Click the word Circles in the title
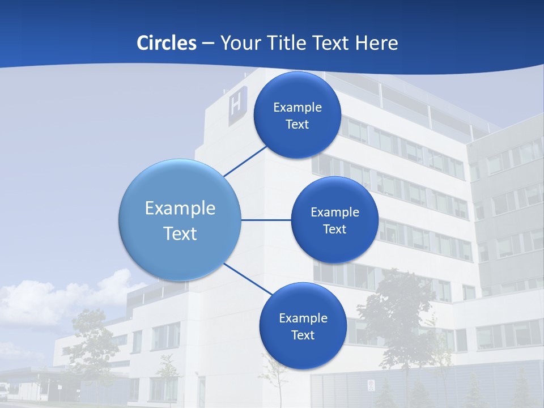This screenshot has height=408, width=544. (x=167, y=43)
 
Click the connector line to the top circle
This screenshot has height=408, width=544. (x=245, y=161)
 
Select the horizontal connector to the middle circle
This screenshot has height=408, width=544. (x=266, y=220)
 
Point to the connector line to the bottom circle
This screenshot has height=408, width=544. (x=248, y=279)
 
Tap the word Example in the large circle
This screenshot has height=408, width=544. (x=180, y=208)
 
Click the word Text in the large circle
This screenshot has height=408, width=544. (x=180, y=233)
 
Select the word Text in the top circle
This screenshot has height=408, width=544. (x=297, y=125)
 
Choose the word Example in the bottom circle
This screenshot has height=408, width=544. (x=303, y=318)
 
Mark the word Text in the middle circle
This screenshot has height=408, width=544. (x=334, y=229)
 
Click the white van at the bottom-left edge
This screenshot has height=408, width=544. (x=4, y=390)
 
